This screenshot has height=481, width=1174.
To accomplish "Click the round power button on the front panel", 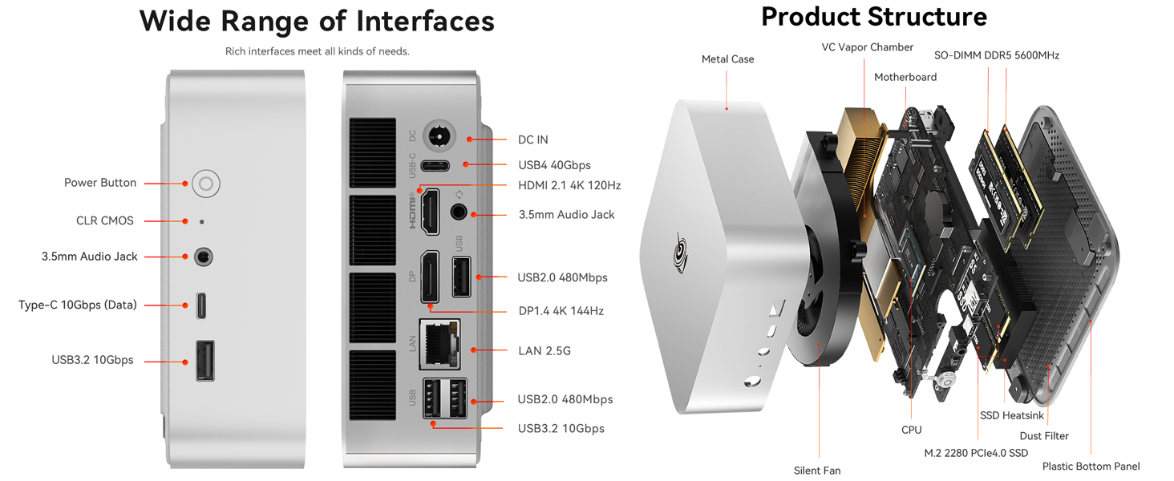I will [x=206, y=184].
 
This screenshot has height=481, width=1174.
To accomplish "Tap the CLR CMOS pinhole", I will [x=201, y=221].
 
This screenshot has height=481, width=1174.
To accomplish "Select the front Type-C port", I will [x=203, y=305].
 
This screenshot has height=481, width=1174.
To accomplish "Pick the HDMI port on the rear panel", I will [x=431, y=212].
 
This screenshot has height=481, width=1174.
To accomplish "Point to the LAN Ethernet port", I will [x=439, y=344].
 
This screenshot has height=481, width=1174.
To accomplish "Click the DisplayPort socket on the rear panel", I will [x=431, y=277].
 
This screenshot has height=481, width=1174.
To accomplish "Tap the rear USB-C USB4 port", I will [x=435, y=166].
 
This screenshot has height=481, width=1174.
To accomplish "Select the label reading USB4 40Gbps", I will [x=554, y=165].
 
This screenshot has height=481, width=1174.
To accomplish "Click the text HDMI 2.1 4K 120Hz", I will [x=569, y=185].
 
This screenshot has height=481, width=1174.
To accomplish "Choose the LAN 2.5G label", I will [x=544, y=351].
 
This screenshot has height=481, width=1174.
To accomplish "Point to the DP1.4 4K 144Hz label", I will [x=561, y=311].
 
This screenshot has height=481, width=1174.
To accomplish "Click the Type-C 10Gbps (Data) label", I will [x=78, y=305].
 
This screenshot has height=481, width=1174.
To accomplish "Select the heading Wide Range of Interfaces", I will [x=317, y=21].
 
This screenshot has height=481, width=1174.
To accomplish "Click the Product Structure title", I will [x=873, y=16].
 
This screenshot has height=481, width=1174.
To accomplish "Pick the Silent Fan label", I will [x=817, y=471].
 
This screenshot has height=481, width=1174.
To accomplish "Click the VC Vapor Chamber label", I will [x=867, y=47].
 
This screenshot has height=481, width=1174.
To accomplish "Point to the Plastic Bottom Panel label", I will [x=1091, y=467].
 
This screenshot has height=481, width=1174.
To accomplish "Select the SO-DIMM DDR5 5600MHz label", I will [x=996, y=55].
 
